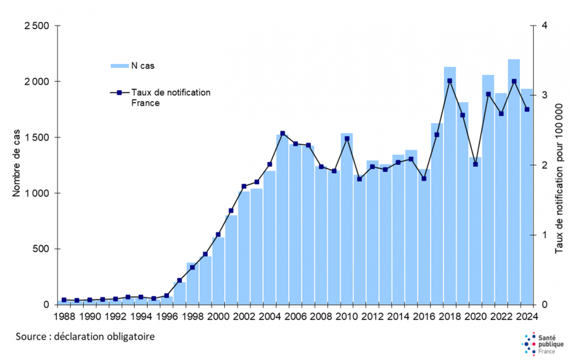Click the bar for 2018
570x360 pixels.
click(x=450, y=190)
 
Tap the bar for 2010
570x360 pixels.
click(x=346, y=222)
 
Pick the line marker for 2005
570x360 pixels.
click(x=282, y=133)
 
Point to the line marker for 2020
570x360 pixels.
click(x=475, y=164)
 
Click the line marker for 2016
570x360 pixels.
click(x=424, y=178)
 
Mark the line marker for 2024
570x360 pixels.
click(x=526, y=109)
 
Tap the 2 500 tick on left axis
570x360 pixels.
click(x=37, y=26)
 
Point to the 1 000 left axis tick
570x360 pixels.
click(x=37, y=193)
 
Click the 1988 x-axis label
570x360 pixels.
click(x=64, y=316)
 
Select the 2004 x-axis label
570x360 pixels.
click(x=269, y=316)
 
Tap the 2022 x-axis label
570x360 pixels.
click(x=500, y=316)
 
